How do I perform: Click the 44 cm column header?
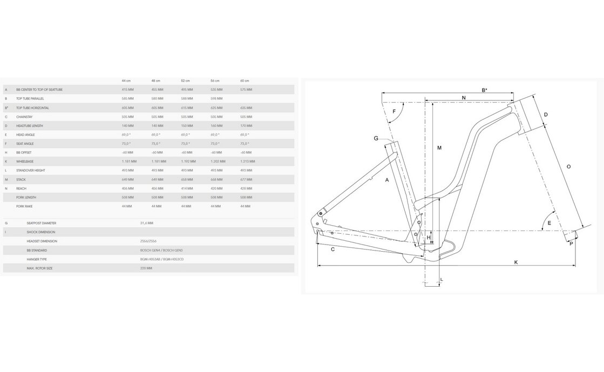point(126,80)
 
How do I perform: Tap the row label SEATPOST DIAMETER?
point(42,223)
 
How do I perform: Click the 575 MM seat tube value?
point(246,90)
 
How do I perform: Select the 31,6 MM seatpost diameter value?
point(146,223)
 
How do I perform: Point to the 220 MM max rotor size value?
point(146,268)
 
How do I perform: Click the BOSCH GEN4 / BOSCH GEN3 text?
point(161,251)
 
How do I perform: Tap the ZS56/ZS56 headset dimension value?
point(148,241)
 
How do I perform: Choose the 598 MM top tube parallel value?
point(216,99)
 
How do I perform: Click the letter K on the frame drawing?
point(516,262)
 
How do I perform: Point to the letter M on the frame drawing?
point(439,148)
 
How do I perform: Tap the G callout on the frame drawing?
point(376,138)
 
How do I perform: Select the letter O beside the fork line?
point(568,167)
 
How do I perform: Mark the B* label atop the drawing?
point(484,90)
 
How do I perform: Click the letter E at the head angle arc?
point(549,223)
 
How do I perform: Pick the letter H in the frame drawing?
point(429,238)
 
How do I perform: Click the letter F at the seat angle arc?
point(395,111)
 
